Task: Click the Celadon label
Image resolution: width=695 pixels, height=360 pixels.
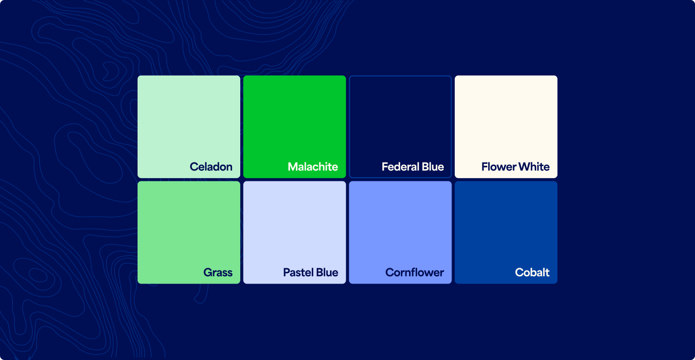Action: click(211, 167)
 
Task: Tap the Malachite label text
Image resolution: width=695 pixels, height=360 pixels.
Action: click(313, 167)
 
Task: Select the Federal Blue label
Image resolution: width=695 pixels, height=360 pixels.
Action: click(413, 167)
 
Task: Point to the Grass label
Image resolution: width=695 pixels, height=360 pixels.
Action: click(218, 273)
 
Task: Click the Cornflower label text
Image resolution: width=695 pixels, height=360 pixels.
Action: click(414, 273)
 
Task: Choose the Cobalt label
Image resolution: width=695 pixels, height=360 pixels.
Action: click(532, 273)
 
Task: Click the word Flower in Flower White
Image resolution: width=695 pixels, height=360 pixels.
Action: click(498, 167)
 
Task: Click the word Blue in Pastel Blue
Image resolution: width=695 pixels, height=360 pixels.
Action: click(327, 273)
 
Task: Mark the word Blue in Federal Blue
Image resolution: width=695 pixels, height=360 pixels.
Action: click(433, 167)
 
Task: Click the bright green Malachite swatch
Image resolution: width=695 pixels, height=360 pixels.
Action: click(295, 118)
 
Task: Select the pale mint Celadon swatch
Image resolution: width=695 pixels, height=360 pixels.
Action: click(189, 118)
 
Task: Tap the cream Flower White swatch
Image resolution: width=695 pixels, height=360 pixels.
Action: click(506, 118)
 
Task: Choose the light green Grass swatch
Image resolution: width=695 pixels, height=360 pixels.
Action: click(189, 224)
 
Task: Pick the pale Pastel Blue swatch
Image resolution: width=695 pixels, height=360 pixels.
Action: click(295, 224)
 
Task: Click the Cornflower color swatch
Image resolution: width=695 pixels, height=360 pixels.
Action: click(400, 224)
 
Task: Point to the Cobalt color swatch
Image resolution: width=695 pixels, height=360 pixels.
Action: click(506, 224)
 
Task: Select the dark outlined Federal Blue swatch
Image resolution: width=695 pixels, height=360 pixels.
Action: click(400, 118)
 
